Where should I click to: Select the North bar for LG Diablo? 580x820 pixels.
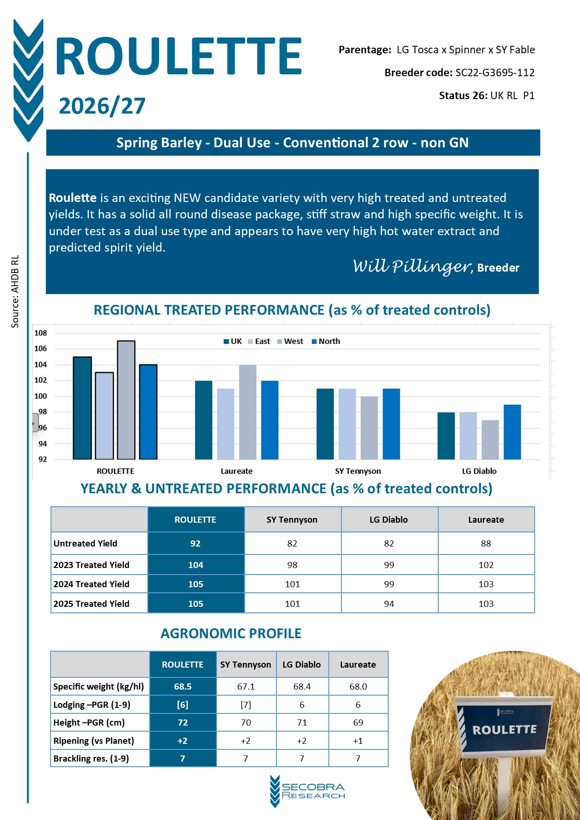click(x=512, y=432)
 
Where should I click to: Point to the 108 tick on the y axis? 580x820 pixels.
click(x=41, y=333)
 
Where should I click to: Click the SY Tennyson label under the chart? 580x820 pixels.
click(x=358, y=471)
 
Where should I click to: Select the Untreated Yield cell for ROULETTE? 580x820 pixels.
click(x=196, y=543)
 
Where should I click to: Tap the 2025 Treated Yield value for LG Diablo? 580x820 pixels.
click(x=389, y=604)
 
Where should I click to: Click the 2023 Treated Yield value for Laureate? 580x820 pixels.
click(x=486, y=565)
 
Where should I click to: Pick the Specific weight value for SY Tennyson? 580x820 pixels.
click(x=246, y=686)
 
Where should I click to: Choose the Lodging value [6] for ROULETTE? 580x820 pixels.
click(x=182, y=705)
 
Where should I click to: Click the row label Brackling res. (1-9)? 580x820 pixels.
click(x=91, y=758)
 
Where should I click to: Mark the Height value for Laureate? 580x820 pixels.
click(x=358, y=722)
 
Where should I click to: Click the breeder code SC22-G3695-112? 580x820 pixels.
click(x=495, y=72)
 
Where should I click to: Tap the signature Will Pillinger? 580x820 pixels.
click(x=412, y=266)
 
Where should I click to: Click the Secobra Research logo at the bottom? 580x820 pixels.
click(x=308, y=791)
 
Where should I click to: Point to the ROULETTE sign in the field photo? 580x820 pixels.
click(x=504, y=730)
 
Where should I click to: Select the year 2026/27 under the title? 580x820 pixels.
click(x=102, y=106)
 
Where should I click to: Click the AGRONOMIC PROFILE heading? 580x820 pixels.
click(x=231, y=633)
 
